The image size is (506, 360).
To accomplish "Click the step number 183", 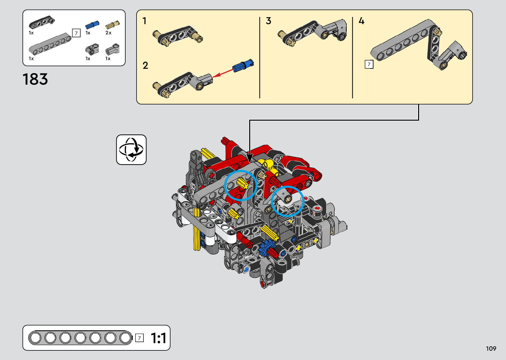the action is pyautogui.click(x=35, y=79).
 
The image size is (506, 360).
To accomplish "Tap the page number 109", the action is pyautogui.click(x=491, y=348).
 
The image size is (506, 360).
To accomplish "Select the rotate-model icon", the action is pyautogui.click(x=131, y=150).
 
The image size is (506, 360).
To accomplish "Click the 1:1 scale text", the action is pyautogui.click(x=158, y=338).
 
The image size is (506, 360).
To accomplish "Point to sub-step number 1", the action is pyautogui.click(x=144, y=21).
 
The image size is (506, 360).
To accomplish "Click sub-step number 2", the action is pyautogui.click(x=145, y=65).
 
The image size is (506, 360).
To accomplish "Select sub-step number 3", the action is pyautogui.click(x=268, y=21).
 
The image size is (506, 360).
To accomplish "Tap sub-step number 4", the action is pyautogui.click(x=362, y=21).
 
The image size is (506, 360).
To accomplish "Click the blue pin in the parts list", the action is pyautogui.click(x=92, y=25).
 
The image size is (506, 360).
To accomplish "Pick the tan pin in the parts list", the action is pyautogui.click(x=112, y=25).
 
